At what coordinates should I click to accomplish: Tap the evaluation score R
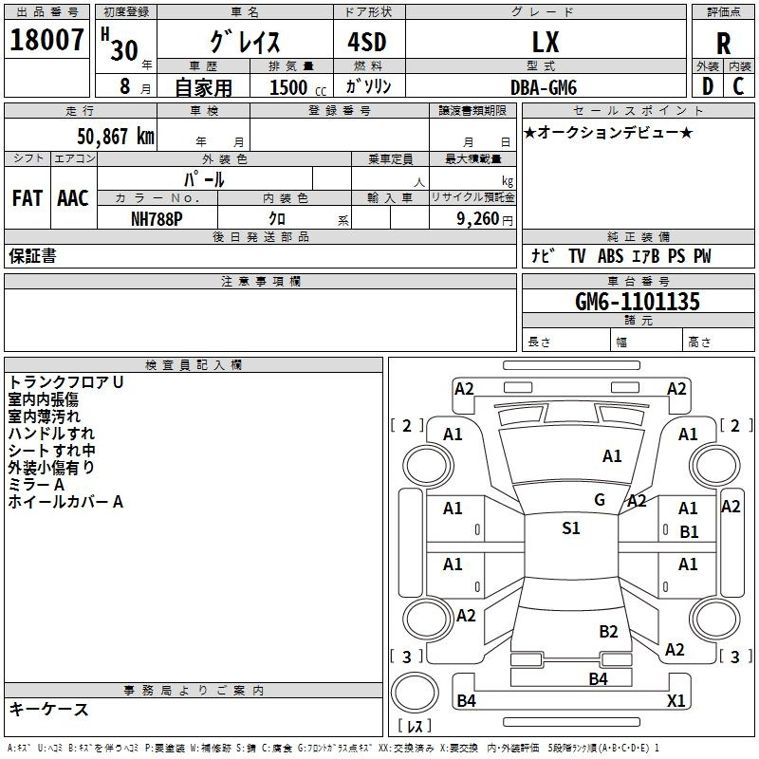coord(723,45)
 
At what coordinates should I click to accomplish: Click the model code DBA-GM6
coord(543,87)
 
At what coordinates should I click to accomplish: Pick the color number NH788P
coord(157,217)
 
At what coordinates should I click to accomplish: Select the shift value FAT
coord(28,198)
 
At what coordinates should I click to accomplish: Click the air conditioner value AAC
coord(73,198)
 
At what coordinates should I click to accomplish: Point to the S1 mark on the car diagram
coord(570,528)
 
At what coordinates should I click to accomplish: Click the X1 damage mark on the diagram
coord(676,700)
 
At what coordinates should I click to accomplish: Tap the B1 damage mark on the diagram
coord(689,532)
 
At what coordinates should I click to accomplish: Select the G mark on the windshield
coord(600,500)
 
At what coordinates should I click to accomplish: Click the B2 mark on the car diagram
coord(608,631)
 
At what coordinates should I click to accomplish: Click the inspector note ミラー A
coord(37,485)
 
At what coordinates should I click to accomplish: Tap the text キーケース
coord(48,709)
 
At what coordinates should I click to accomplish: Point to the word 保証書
coord(32,256)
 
